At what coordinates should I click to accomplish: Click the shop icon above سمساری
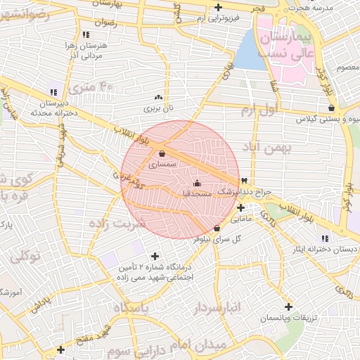point(162,153)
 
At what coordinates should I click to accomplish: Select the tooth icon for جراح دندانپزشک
point(244,181)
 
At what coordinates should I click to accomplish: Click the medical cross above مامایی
point(241,207)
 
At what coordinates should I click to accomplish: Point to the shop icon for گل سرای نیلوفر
point(216,228)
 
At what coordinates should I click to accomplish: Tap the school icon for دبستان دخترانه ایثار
point(324,238)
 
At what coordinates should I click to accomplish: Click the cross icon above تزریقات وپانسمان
point(288,307)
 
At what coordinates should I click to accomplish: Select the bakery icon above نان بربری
point(158,98)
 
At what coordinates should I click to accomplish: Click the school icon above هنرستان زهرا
point(86,34)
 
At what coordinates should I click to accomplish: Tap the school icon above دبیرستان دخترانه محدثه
point(53,92)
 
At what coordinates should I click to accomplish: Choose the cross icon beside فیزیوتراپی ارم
point(219,8)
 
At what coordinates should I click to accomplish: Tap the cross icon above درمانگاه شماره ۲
point(155,256)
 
